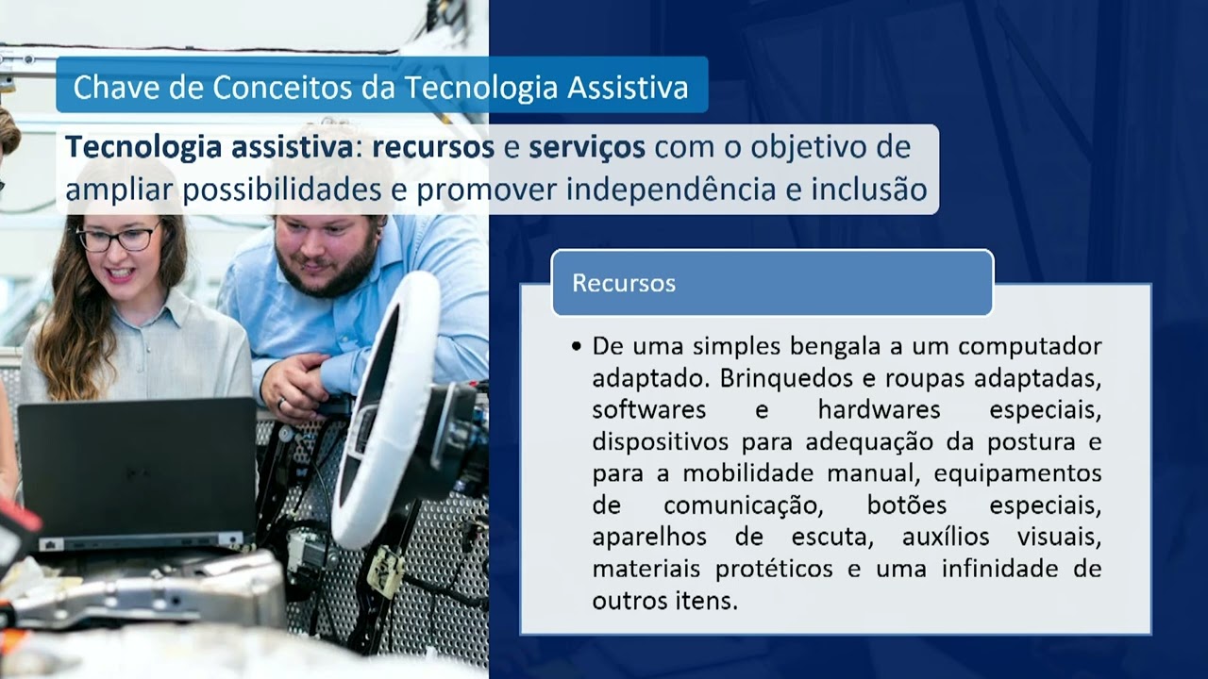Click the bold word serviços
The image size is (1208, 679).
pyautogui.click(x=587, y=147)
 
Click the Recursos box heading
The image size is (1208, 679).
pyautogui.click(x=624, y=283)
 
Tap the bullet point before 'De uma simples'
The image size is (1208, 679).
pyautogui.click(x=577, y=347)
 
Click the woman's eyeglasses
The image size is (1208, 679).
pyautogui.click(x=118, y=238)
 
